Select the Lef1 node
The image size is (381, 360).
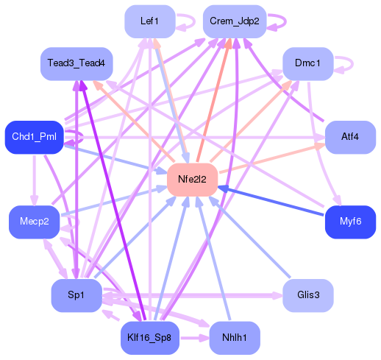click(x=149, y=21)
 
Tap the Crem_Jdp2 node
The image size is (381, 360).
click(x=234, y=21)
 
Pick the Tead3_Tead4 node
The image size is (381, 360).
click(x=76, y=64)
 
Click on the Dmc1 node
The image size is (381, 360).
click(x=307, y=64)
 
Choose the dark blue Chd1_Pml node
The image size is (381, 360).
click(x=35, y=137)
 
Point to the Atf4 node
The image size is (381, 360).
click(x=349, y=137)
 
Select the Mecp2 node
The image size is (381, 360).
click(x=34, y=222)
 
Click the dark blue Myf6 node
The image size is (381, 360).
click(x=350, y=222)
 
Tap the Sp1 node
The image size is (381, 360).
click(x=76, y=295)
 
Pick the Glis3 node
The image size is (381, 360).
click(x=308, y=295)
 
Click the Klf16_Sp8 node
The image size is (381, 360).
click(x=149, y=338)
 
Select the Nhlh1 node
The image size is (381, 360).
click(x=234, y=338)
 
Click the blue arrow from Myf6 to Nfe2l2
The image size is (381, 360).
click(x=272, y=202)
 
